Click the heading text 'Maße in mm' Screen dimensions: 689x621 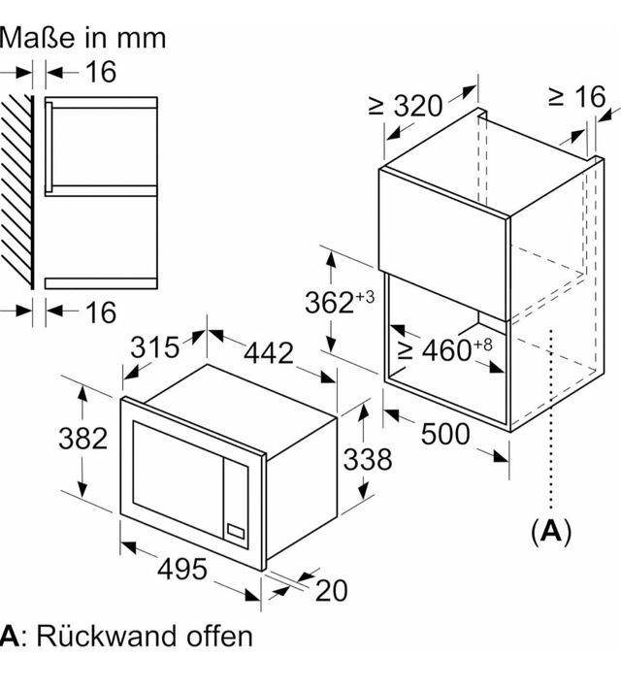click(83, 37)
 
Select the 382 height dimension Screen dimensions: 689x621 click(82, 439)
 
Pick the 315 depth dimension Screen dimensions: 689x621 click(154, 346)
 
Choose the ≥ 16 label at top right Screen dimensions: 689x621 click(575, 96)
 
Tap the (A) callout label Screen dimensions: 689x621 click(551, 531)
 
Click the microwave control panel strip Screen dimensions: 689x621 click(236, 499)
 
